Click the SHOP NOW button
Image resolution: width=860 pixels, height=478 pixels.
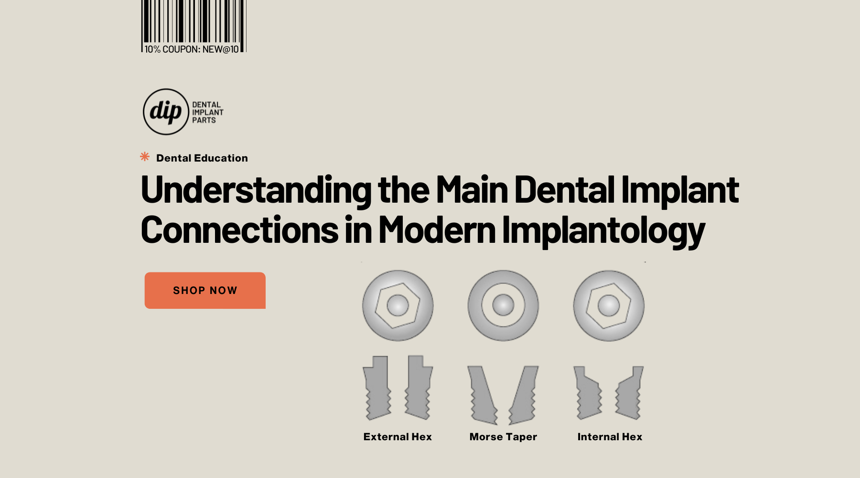coord(205,290)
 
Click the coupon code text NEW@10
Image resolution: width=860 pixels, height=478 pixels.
coord(220,49)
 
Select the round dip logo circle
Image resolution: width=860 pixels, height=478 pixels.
coord(166,111)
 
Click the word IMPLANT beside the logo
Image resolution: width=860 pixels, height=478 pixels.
coord(208,112)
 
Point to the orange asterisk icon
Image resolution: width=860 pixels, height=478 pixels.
coord(145,157)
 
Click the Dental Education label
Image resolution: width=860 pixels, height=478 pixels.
coord(202,158)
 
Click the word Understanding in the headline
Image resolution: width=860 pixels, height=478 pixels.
coord(256,190)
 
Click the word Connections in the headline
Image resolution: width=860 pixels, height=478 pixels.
coord(240,230)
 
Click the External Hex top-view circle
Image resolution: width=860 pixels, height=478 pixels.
coord(398,305)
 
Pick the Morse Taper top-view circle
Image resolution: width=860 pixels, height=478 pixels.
coord(503,305)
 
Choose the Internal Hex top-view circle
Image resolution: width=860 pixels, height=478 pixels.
coord(609,305)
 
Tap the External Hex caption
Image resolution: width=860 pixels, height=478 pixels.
coord(398,437)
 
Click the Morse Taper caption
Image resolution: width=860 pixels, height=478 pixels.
coord(503,437)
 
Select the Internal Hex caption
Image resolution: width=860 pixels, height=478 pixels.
coord(610,437)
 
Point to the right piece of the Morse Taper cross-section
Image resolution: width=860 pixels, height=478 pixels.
coord(524,395)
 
